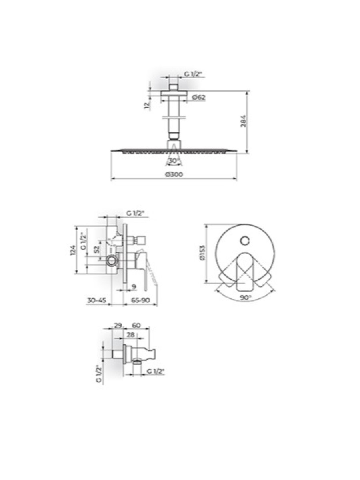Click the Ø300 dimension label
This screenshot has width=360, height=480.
tap(174, 174)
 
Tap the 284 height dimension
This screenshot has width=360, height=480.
tap(244, 121)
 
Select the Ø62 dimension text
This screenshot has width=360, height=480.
tap(199, 97)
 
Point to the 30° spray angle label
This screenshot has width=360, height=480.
tap(174, 161)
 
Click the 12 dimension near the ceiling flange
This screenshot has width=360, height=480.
tap(147, 106)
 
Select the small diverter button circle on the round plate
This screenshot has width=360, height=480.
tap(245, 241)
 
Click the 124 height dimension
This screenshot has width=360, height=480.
tap(73, 250)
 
